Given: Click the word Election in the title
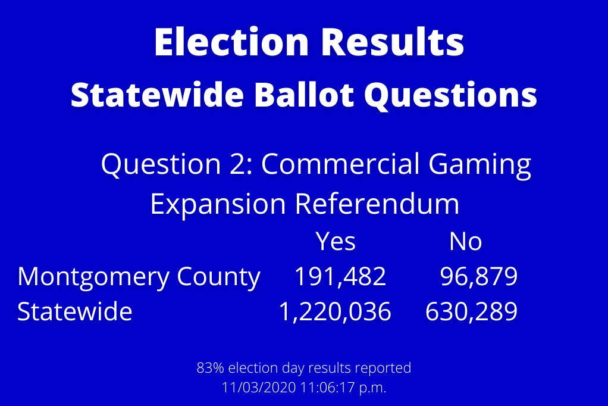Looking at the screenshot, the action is click(231, 42).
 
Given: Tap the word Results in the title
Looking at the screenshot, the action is click(393, 42).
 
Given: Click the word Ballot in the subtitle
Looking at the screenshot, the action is click(303, 95).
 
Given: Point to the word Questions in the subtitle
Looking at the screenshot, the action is click(450, 96).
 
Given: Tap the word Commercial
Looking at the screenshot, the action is click(340, 163).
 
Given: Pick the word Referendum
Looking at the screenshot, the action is click(377, 204).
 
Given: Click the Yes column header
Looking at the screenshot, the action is click(336, 242).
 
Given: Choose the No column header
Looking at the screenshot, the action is click(465, 242).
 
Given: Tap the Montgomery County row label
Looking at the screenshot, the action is click(139, 278).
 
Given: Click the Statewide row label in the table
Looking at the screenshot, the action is click(75, 311).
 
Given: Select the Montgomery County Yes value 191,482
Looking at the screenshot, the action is click(340, 277).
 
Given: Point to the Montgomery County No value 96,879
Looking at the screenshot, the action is click(478, 277).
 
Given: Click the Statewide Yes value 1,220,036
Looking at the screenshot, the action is click(335, 312).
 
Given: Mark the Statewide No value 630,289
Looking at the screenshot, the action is click(471, 312).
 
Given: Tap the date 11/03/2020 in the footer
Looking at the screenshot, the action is click(259, 388).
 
